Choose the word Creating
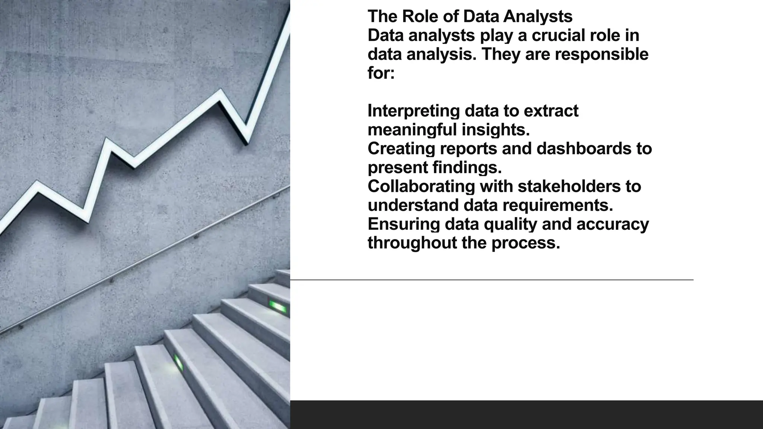click(401, 149)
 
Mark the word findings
click(467, 168)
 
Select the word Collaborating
click(421, 187)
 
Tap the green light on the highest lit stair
click(278, 307)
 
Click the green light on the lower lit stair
click(178, 362)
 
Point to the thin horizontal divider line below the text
click(492, 279)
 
